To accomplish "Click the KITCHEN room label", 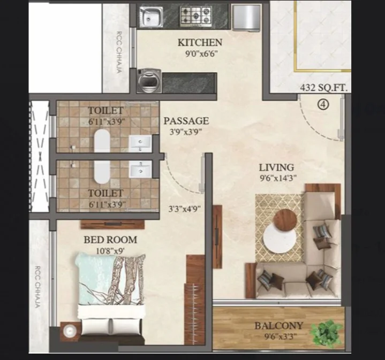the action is (200, 42).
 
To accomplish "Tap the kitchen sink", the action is (151, 17).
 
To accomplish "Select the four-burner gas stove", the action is (196, 16).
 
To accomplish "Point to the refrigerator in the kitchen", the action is (246, 18).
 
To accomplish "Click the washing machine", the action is (149, 81).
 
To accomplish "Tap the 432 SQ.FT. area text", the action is (323, 88).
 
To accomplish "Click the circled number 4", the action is (323, 105).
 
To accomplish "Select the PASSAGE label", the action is (186, 121).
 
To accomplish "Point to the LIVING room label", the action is (276, 167).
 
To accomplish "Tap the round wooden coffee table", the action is (285, 220).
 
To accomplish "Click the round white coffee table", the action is (280, 238).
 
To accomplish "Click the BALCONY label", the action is (278, 326).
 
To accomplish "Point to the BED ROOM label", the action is (110, 240).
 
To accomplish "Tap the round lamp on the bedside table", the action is (70, 331).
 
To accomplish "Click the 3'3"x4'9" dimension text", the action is (184, 209).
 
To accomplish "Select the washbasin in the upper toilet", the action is (140, 143).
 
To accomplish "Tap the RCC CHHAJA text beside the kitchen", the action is (119, 52).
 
